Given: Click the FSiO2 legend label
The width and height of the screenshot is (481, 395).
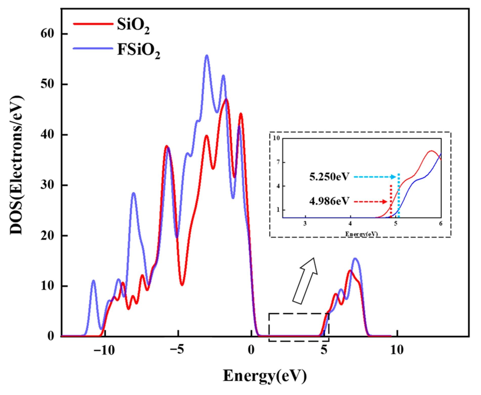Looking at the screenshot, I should click(138, 50).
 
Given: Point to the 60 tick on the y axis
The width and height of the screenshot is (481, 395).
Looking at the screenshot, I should click(48, 33).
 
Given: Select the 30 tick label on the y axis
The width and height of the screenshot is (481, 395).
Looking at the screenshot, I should click(48, 185).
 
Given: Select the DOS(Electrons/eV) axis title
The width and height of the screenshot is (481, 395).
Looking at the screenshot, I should click(17, 165).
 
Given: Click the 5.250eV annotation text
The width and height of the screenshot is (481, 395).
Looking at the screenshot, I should click(329, 177).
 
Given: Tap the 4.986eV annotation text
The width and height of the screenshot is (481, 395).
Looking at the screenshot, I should click(329, 202).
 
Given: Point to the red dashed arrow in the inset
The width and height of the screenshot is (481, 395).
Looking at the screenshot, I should click(370, 202).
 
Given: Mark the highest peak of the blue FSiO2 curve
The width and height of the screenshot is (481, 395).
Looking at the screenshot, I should click(207, 56).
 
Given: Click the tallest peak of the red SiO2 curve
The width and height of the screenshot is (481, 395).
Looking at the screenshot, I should click(226, 99).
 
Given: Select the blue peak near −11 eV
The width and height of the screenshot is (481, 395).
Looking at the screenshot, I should click(94, 281).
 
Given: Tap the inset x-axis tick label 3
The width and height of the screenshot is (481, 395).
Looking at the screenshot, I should click(305, 224).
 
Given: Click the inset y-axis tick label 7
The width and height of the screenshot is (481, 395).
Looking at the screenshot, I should click(278, 162).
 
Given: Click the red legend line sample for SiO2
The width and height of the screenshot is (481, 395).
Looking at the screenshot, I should click(93, 24).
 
